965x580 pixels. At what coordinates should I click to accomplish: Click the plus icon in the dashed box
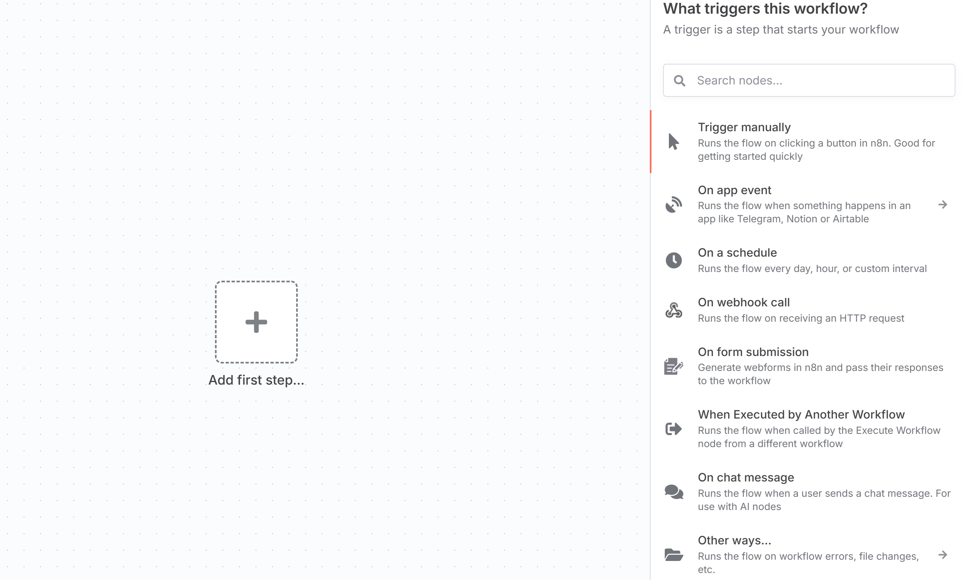(x=256, y=322)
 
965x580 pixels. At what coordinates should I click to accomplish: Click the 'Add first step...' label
(x=256, y=380)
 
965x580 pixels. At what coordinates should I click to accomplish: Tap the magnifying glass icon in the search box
(x=679, y=80)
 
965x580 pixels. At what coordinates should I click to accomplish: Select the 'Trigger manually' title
(x=744, y=127)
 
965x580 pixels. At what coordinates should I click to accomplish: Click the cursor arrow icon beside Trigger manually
(x=674, y=142)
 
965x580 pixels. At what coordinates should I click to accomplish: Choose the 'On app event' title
(x=734, y=190)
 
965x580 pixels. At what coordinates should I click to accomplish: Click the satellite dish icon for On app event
(x=674, y=205)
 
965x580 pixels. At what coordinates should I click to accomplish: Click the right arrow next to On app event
(x=943, y=205)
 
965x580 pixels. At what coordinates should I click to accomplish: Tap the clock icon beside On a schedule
(x=674, y=260)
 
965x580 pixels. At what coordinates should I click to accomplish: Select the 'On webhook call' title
(x=744, y=302)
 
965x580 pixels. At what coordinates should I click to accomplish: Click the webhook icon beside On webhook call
(x=674, y=310)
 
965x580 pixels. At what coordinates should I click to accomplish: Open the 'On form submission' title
(x=753, y=352)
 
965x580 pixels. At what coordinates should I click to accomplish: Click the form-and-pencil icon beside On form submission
(x=674, y=366)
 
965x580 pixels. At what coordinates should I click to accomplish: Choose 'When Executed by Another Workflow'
(x=801, y=414)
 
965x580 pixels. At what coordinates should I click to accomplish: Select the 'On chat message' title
(x=746, y=477)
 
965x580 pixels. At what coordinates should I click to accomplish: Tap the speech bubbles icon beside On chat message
(x=674, y=492)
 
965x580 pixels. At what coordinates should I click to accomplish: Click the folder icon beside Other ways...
(x=674, y=555)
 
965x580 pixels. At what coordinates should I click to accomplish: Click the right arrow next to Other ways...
(x=943, y=555)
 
